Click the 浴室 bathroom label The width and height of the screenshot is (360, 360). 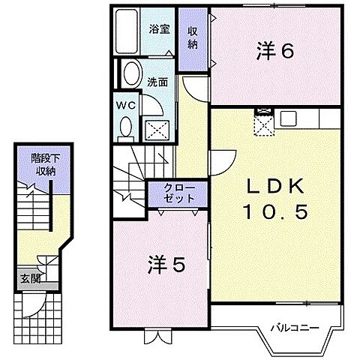point(160,29)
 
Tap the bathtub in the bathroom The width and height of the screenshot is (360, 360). point(127,31)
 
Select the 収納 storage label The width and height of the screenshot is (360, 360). point(193,38)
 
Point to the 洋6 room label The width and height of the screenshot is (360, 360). point(274,51)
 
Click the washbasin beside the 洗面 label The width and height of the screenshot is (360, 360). point(132,73)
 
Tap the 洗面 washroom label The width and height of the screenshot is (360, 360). point(157,82)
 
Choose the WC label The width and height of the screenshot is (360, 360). point(126,105)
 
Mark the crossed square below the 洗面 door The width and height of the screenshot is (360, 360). point(157,130)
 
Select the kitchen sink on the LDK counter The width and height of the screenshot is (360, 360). point(288,118)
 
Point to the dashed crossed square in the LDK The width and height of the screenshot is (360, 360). point(265,125)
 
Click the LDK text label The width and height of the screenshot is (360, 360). point(275,187)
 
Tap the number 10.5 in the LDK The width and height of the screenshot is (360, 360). point(275,211)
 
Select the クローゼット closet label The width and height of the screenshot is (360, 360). point(179,193)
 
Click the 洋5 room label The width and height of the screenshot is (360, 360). point(166,265)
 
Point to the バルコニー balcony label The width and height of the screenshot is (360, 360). point(295,328)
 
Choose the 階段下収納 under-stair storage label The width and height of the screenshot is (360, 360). point(46,165)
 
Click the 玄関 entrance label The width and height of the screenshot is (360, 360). point(31,278)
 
